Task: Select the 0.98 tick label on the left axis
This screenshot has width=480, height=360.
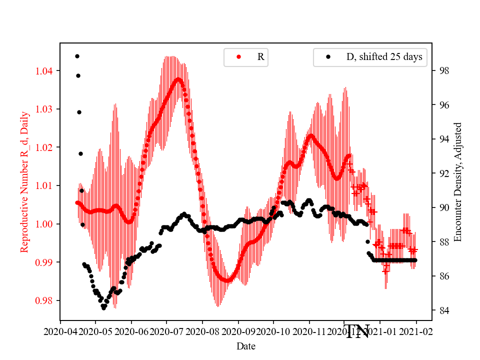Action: pos(46,300)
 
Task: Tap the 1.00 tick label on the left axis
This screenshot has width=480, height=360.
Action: pos(46,224)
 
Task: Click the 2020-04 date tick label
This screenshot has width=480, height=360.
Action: pos(60,331)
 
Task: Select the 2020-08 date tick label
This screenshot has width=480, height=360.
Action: pos(202,331)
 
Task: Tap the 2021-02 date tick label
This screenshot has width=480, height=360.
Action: pos(416,331)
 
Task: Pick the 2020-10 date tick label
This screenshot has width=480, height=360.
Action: pos(273,331)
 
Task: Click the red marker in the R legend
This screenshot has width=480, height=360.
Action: pos(238,57)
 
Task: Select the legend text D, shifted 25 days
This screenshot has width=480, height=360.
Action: pos(384,57)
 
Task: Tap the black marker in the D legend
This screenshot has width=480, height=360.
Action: pos(328,57)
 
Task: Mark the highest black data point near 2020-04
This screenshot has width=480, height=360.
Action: pos(77,56)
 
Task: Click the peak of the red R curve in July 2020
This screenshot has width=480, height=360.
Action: pos(178,79)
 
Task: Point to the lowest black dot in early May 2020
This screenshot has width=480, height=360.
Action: pos(103,308)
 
